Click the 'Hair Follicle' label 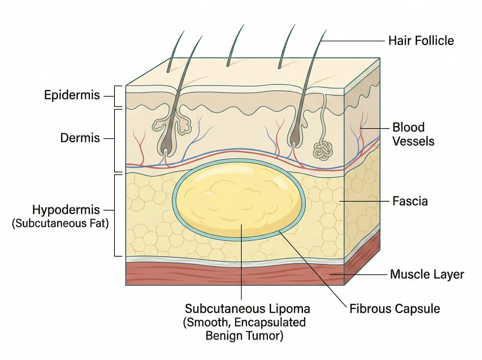pos(421,41)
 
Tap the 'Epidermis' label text pos(71,96)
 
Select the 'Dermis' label pos(80,138)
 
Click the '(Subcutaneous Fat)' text pos(61,223)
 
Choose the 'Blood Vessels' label pos(413,134)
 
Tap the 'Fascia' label pos(410,201)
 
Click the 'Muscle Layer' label pos(427,275)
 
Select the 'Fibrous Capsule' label pos(395,309)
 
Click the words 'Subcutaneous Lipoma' pos(247,309)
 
